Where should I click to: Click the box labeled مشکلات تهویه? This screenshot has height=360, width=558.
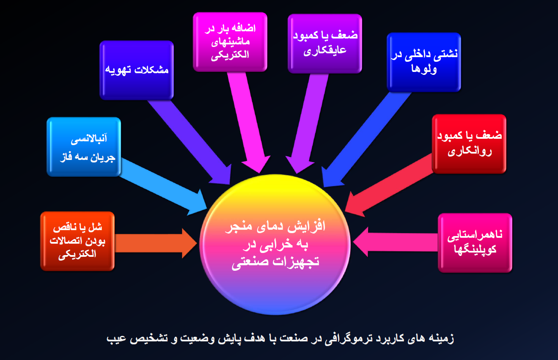click(x=137, y=70)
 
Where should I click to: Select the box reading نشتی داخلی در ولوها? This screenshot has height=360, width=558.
click(x=424, y=62)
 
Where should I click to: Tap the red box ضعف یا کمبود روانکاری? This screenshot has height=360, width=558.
click(x=469, y=144)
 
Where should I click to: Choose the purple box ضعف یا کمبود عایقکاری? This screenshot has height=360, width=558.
click(x=325, y=44)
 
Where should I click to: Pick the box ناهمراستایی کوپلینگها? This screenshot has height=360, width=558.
click(x=475, y=243)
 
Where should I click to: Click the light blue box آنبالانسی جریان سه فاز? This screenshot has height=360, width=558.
click(x=84, y=147)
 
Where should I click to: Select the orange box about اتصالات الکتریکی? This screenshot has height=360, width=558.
click(x=77, y=241)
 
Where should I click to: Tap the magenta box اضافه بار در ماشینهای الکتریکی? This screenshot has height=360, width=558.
click(x=230, y=42)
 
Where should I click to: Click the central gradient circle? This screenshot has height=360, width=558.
click(x=275, y=245)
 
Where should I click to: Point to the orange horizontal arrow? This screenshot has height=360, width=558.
click(x=156, y=243)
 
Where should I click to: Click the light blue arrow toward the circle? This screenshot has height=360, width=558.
click(x=163, y=187)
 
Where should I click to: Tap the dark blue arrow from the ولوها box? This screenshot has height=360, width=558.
click(x=366, y=140)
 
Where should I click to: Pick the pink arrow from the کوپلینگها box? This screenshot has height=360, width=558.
click(x=395, y=242)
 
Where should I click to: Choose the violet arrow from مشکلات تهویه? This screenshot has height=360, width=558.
click(x=190, y=142)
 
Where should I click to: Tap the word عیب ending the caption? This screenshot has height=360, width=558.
click(x=117, y=339)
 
